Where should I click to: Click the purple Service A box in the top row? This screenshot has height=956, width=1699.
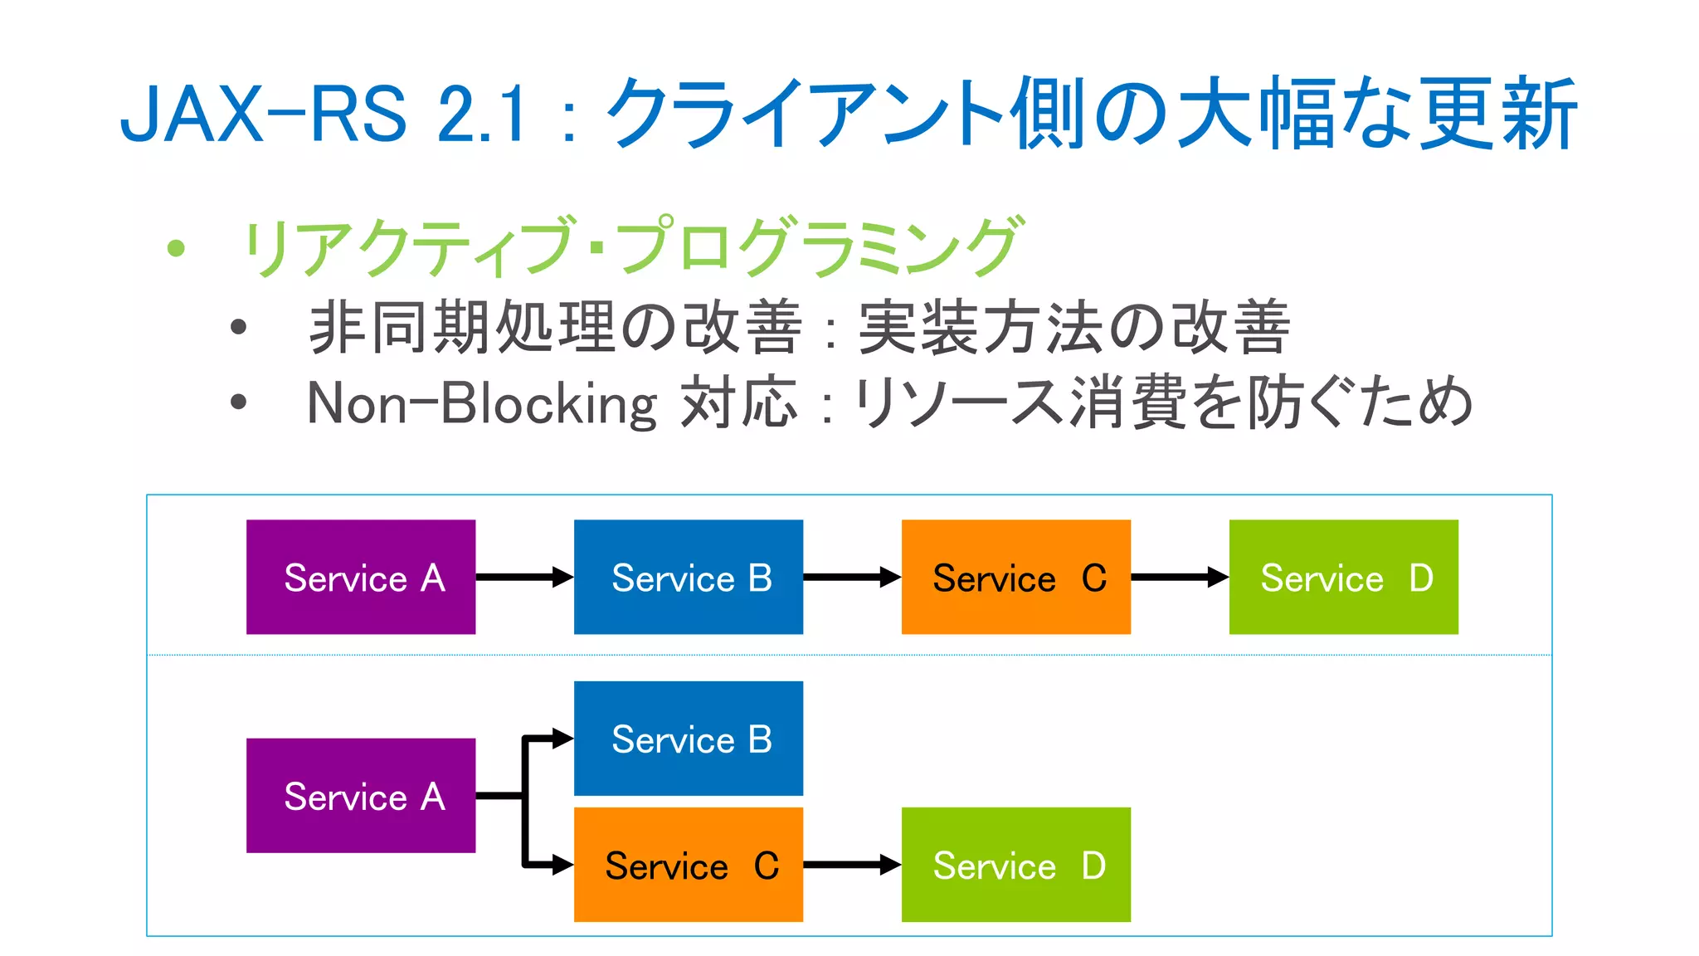point(361,577)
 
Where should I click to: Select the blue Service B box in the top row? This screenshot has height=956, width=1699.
point(689,577)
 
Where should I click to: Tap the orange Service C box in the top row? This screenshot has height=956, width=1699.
point(1016,577)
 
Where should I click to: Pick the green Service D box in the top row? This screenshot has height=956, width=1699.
point(1344,577)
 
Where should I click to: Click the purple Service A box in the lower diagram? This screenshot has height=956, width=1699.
point(361,795)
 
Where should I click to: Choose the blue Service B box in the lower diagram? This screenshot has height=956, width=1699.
point(689,738)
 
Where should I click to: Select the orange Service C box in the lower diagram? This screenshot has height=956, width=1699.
point(689,864)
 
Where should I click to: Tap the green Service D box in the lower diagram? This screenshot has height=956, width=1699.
point(1016,864)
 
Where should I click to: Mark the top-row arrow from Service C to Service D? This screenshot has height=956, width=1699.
point(1178,577)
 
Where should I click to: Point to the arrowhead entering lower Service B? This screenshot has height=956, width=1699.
point(562,738)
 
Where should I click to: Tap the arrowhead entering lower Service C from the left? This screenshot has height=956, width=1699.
point(562,865)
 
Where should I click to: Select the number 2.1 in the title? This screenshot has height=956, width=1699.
point(481,115)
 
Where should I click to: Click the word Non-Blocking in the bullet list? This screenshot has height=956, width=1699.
point(481,404)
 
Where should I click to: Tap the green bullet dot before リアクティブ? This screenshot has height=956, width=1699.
point(175,247)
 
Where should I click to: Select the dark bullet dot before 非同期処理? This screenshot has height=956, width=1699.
point(239,327)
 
